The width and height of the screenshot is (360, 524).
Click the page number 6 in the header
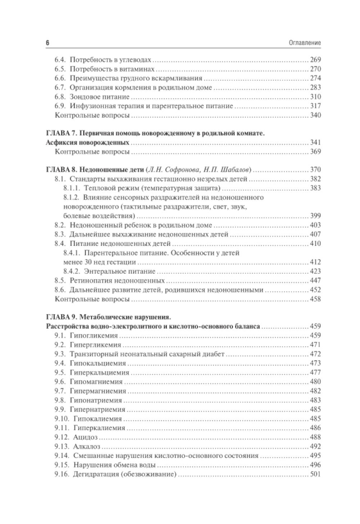(48, 43)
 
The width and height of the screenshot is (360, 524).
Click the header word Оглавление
(305, 43)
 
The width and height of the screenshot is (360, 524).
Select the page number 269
(315, 60)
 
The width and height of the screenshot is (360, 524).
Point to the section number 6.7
(60, 88)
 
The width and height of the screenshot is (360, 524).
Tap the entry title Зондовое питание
(99, 97)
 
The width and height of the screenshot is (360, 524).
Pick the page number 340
(315, 115)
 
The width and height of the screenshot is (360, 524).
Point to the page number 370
(315, 170)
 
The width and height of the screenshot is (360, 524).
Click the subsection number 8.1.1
(71, 188)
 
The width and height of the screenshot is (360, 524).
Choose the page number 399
(315, 216)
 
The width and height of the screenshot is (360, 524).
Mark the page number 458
(315, 299)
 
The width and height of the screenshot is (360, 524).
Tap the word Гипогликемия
(94, 336)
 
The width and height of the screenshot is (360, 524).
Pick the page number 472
(315, 354)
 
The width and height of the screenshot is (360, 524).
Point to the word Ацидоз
(85, 437)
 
